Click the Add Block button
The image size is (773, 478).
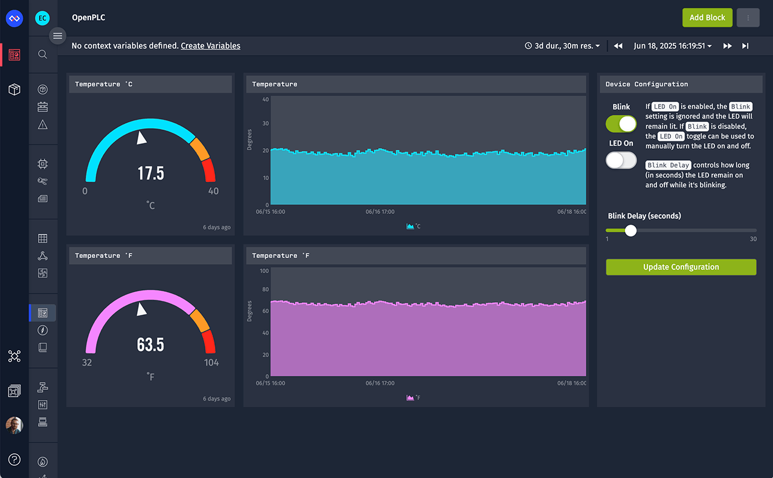pyautogui.click(x=707, y=18)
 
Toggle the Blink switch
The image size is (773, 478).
pyautogui.click(x=621, y=124)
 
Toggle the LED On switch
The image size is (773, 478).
pyautogui.click(x=621, y=160)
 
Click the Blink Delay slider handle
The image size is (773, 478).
pyautogui.click(x=630, y=230)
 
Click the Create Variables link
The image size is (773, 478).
pyautogui.click(x=210, y=46)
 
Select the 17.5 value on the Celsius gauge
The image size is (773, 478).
pyautogui.click(x=150, y=173)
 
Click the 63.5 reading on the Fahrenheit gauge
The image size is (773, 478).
pyautogui.click(x=150, y=345)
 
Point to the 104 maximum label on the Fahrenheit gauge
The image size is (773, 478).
pyautogui.click(x=211, y=363)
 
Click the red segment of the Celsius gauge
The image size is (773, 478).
pyautogui.click(x=208, y=170)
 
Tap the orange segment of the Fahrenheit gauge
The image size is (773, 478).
pyautogui.click(x=200, y=320)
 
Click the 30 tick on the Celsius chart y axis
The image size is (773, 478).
pyautogui.click(x=265, y=123)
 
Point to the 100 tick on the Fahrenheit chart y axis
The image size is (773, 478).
pyautogui.click(x=264, y=271)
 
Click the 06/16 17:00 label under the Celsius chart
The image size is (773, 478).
pyautogui.click(x=380, y=212)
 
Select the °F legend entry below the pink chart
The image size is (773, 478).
pyautogui.click(x=414, y=398)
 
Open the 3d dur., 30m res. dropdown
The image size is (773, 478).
pyautogui.click(x=563, y=46)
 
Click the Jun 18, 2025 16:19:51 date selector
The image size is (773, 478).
pyautogui.click(x=672, y=46)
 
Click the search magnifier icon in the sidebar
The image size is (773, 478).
pyautogui.click(x=43, y=54)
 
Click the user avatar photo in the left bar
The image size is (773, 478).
pyautogui.click(x=14, y=425)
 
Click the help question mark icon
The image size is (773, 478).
pyautogui.click(x=14, y=459)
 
